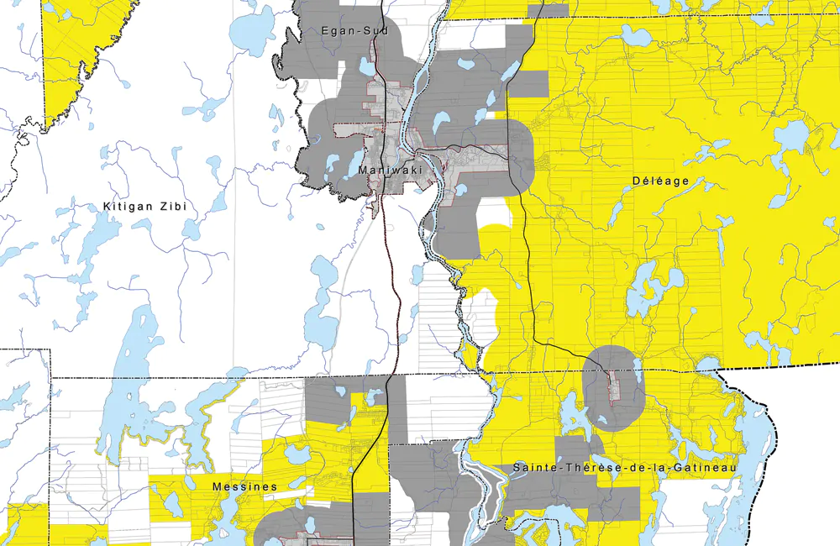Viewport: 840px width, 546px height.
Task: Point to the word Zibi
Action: [x=171, y=206]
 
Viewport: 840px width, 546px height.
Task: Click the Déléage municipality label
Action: [x=660, y=181]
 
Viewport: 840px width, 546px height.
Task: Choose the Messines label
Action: [x=245, y=486]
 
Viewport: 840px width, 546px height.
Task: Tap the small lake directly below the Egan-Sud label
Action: [x=368, y=66]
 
